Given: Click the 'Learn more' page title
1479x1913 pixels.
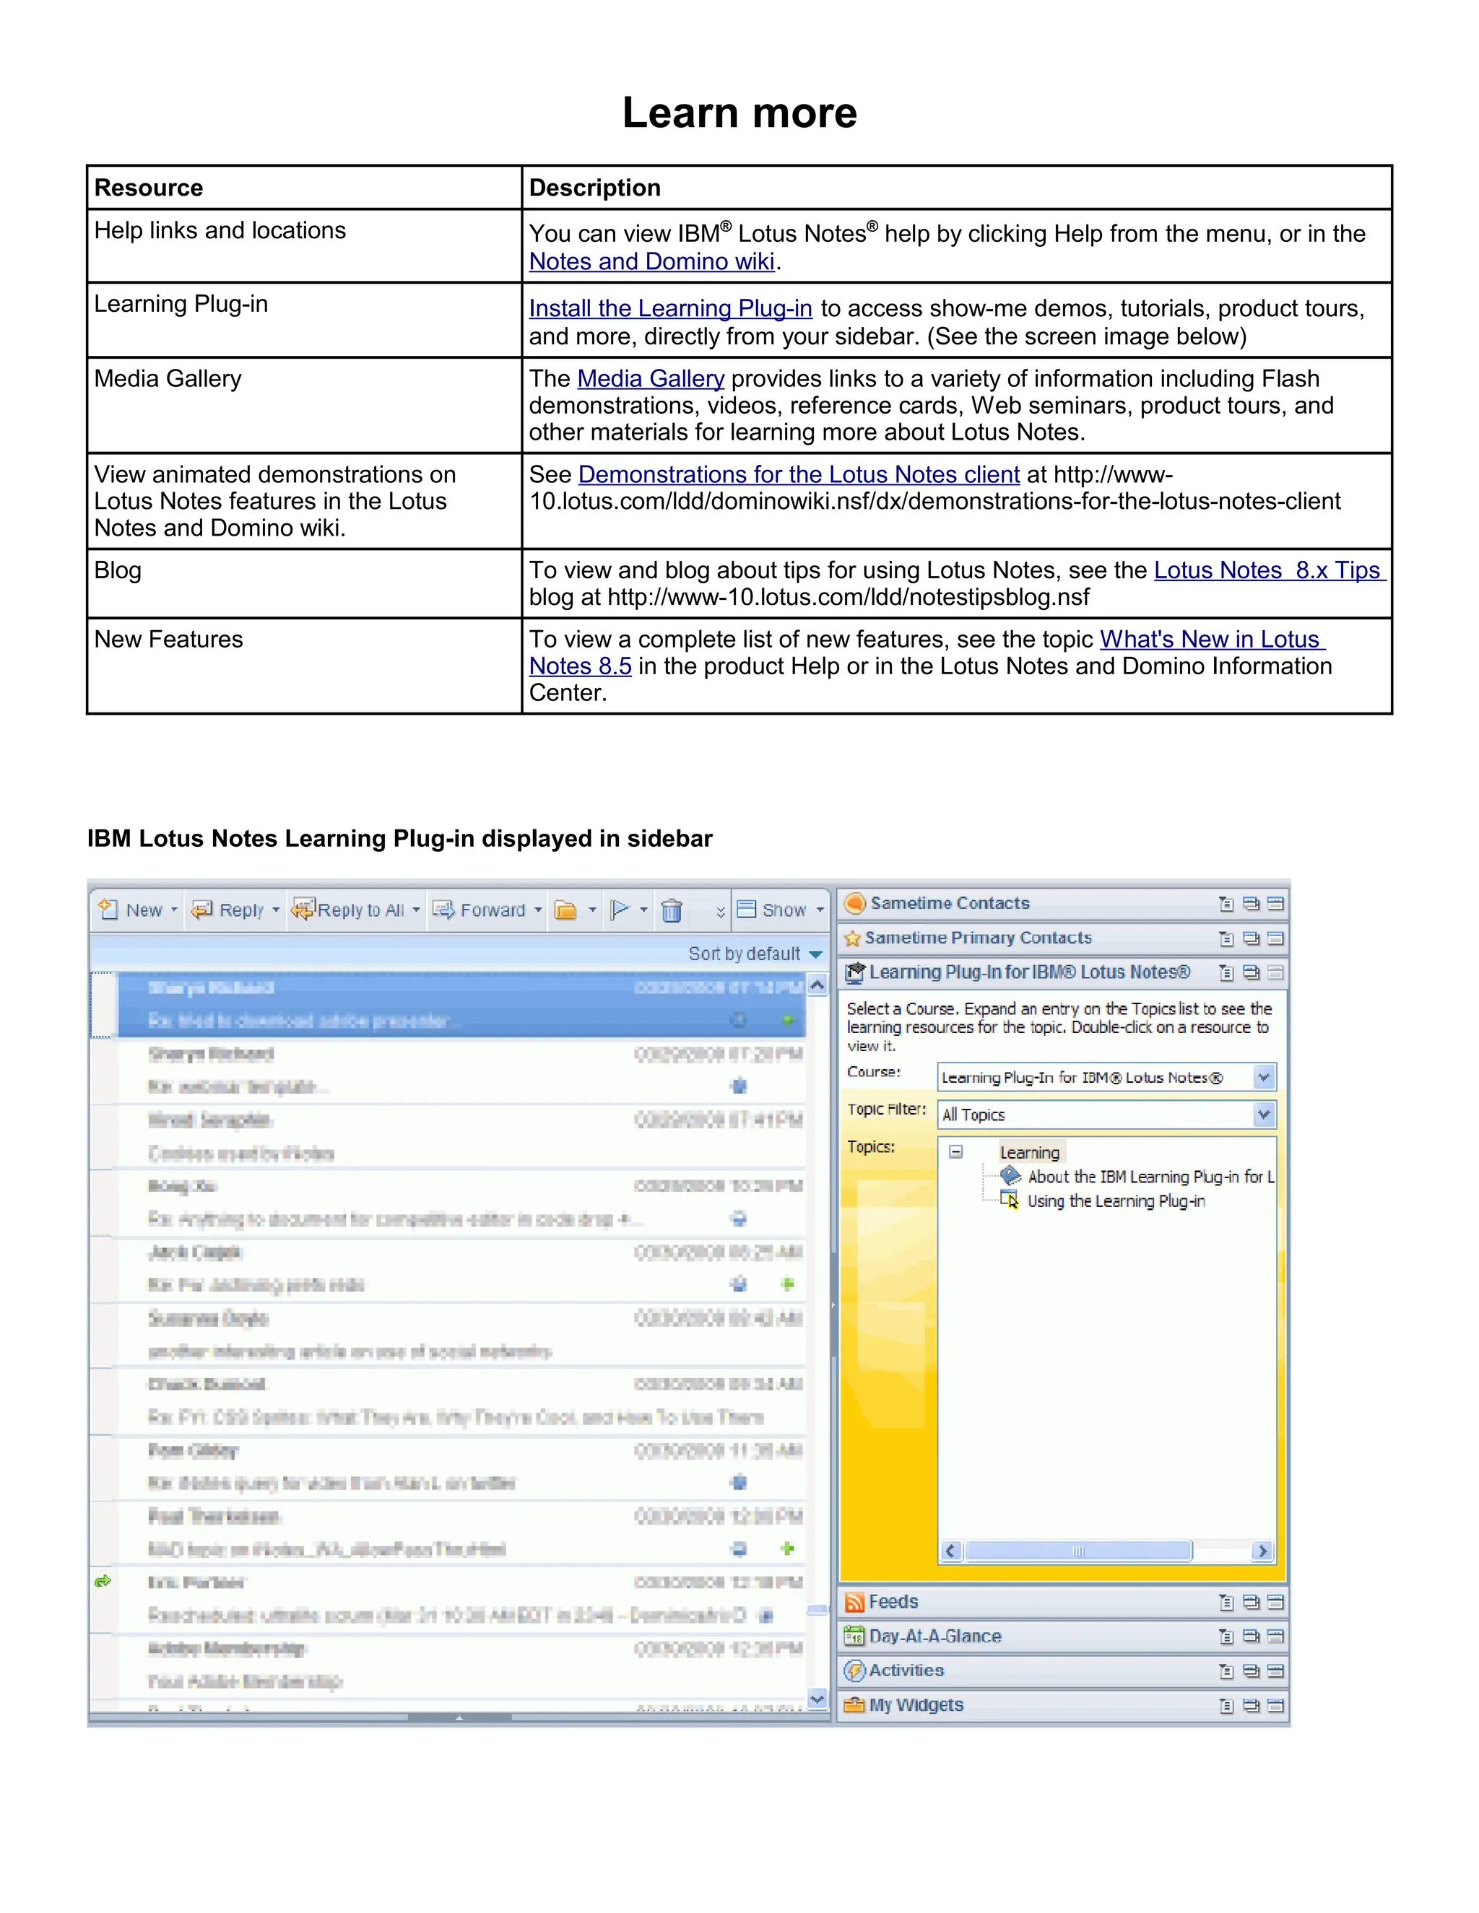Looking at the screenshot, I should pos(739,113).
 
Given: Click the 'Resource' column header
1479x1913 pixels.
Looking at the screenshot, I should pos(149,188).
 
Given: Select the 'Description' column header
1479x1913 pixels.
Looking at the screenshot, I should pos(595,188).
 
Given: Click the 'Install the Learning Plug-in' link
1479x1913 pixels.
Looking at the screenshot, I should pos(670,308).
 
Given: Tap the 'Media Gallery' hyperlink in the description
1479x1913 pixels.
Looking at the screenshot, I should pos(650,378).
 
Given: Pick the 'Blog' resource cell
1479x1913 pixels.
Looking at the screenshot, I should pos(118,570).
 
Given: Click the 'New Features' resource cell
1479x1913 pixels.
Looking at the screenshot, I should pos(169,640).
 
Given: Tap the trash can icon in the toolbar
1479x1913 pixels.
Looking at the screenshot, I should pos(671,911).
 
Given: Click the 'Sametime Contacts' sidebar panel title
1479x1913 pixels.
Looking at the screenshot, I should pos(950,903).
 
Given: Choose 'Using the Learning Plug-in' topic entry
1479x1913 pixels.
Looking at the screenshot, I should pos(1115,1201).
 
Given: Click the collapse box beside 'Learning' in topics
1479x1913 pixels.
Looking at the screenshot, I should pos(956,1153).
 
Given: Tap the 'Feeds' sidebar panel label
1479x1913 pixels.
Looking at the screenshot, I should pos(893,1602).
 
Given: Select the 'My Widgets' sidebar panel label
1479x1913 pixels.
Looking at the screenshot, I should pos(916,1704).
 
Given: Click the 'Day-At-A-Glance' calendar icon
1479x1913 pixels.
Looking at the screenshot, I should pos(854,1637).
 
